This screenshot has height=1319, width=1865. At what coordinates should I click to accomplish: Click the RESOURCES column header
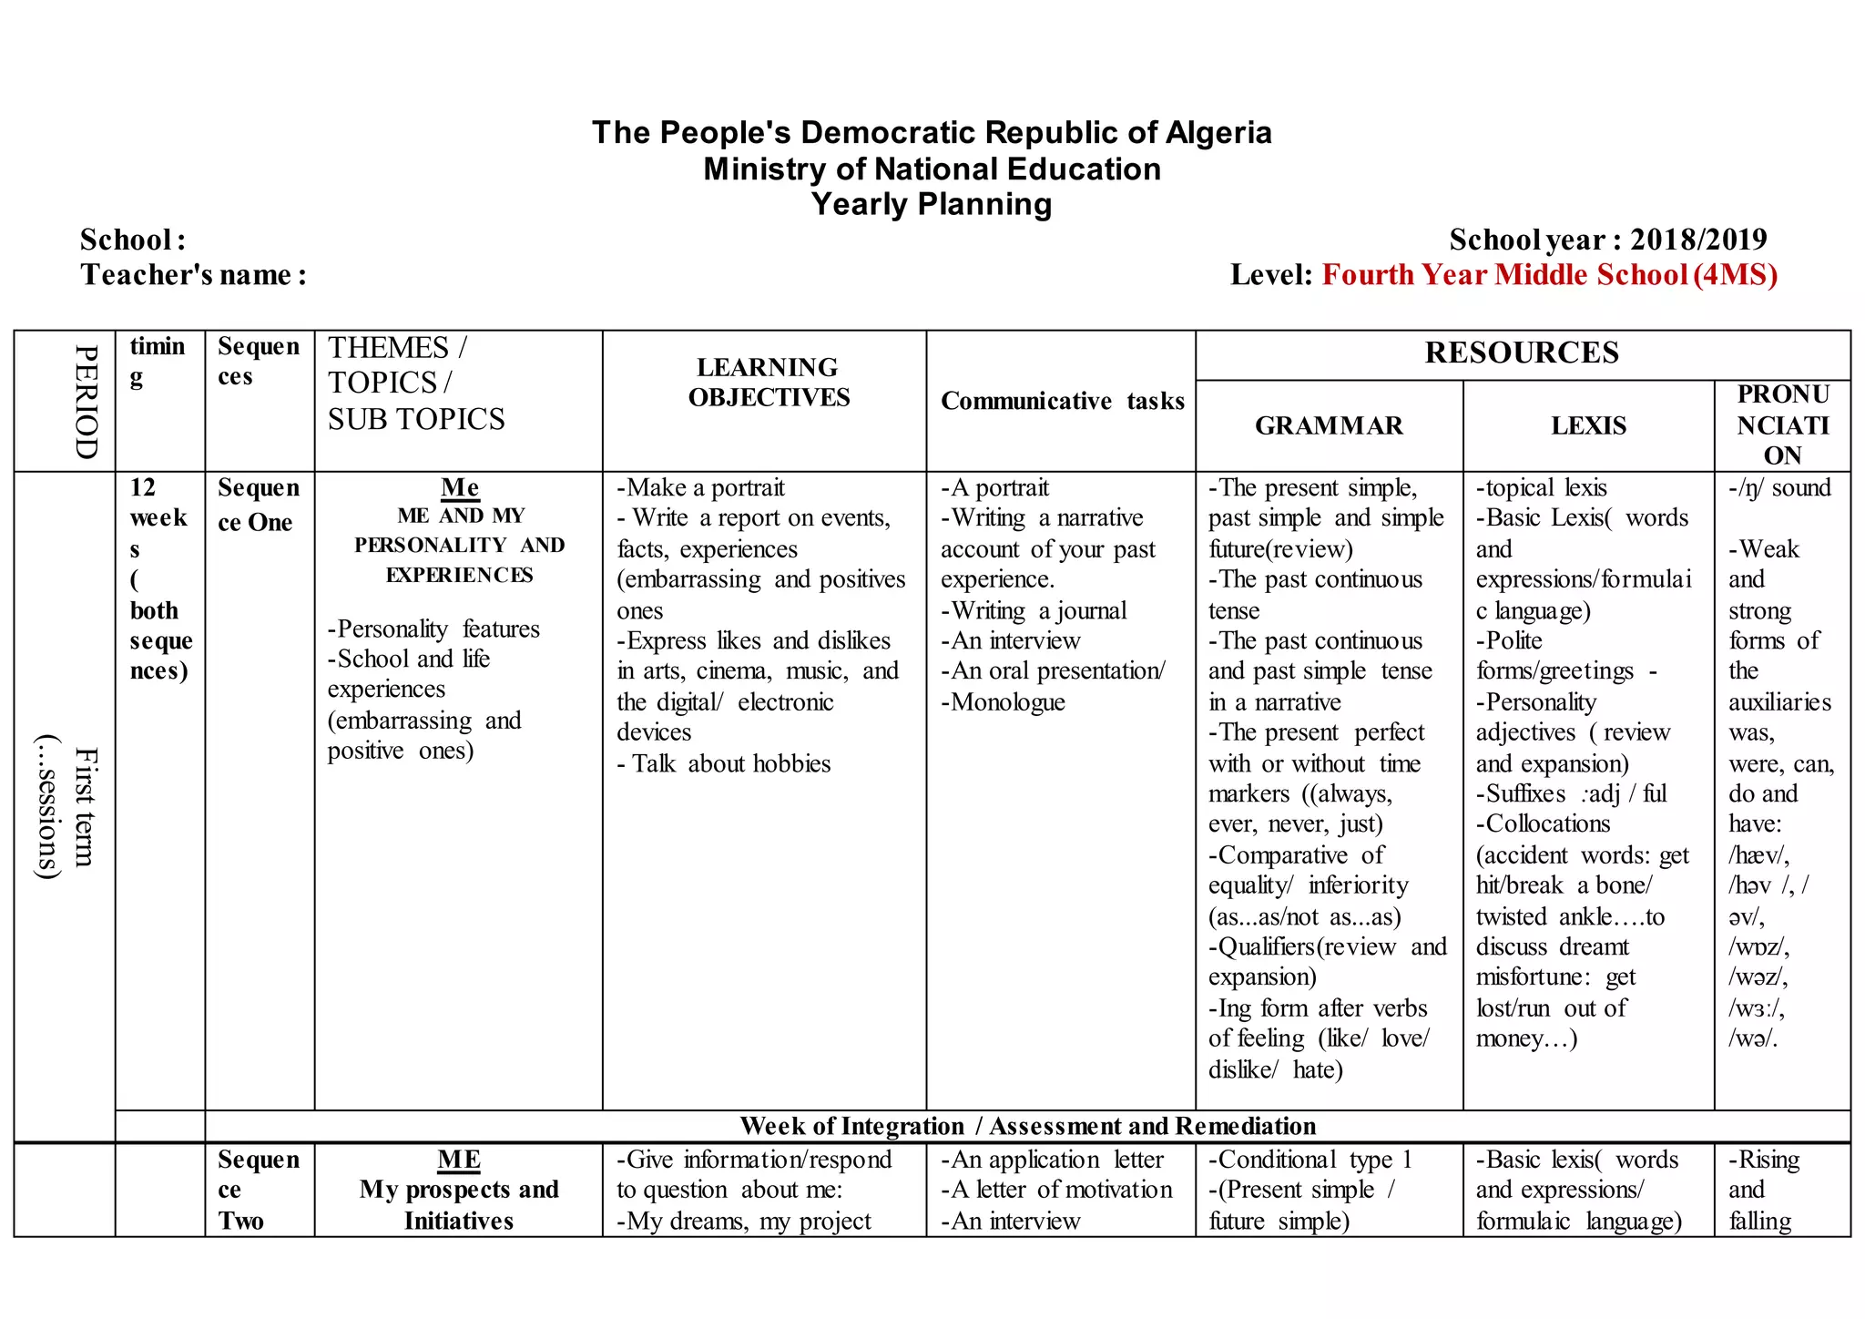tap(1522, 353)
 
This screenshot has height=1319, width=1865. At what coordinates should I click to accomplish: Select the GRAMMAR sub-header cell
tap(1329, 425)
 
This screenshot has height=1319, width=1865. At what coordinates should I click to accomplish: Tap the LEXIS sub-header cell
tap(1588, 425)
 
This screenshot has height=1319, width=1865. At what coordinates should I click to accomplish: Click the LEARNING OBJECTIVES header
tap(768, 383)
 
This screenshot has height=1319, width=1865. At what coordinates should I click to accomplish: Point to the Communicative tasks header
tap(1062, 401)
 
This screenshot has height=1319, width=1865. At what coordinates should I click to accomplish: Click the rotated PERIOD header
tap(86, 401)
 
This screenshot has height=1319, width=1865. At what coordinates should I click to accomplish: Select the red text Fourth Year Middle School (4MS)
tap(1549, 274)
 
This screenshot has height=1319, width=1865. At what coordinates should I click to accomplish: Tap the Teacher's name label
tap(193, 274)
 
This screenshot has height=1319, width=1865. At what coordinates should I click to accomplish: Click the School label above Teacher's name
tap(133, 240)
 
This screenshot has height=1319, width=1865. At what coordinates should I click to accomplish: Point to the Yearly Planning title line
tap(932, 204)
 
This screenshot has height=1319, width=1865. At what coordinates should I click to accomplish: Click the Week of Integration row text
tap(1027, 1126)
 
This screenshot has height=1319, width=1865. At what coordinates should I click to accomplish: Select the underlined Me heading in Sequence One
tap(460, 487)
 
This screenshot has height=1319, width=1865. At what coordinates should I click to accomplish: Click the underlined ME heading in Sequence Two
tap(459, 1160)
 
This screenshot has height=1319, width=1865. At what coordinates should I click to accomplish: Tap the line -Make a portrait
tap(700, 487)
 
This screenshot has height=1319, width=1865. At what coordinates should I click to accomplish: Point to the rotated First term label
tap(85, 806)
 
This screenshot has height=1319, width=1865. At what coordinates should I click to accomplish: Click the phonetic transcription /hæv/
tap(1758, 855)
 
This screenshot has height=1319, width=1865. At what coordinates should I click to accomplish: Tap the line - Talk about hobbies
tap(724, 763)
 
